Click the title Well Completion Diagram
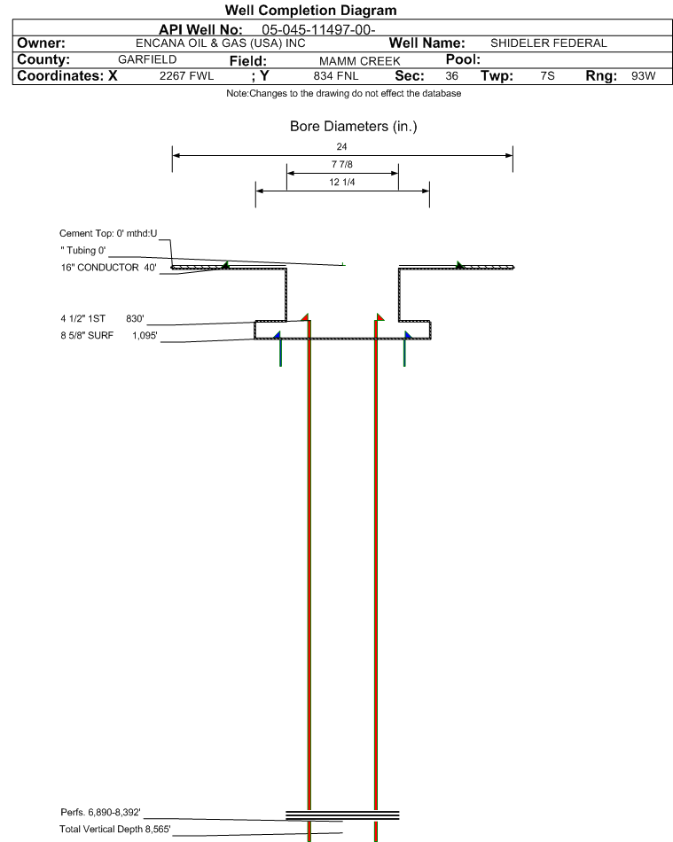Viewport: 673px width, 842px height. [x=310, y=10]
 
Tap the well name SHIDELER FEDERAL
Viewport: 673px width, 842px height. [x=548, y=43]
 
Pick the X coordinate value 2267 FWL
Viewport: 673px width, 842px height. [x=186, y=76]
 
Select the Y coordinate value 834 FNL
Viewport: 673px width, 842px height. [x=336, y=76]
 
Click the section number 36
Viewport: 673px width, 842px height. [x=452, y=76]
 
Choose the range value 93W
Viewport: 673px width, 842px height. [x=643, y=76]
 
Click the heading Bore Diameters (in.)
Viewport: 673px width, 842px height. [x=353, y=127]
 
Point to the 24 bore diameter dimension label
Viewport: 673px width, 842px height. [x=342, y=146]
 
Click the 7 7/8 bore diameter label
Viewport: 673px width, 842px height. [x=342, y=165]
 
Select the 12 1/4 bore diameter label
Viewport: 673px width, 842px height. [x=342, y=183]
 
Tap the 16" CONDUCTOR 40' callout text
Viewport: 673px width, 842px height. [x=108, y=267]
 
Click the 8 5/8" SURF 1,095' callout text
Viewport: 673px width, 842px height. [x=108, y=336]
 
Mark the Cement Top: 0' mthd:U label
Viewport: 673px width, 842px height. [x=108, y=233]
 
